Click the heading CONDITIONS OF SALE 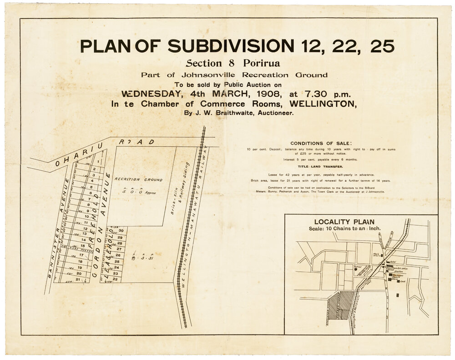coord(321,143)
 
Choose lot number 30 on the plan coord(121,231)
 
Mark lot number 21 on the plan coord(78,280)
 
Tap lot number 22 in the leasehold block coord(115,279)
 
